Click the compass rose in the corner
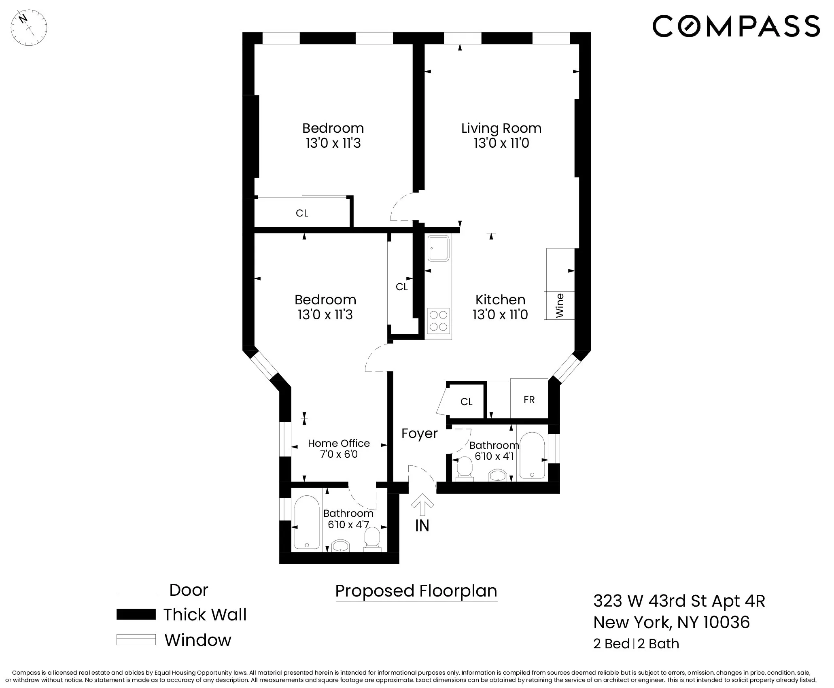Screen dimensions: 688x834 coord(29,28)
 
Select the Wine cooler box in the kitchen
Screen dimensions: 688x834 coord(559,305)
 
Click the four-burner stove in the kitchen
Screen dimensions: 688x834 coord(439,321)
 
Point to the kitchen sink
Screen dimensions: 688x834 coord(439,248)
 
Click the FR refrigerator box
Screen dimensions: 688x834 coord(529,399)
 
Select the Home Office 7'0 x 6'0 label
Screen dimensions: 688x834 coord(339,448)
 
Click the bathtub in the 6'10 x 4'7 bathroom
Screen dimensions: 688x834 coord(307,522)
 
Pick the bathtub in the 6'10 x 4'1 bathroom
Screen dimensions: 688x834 coord(531,455)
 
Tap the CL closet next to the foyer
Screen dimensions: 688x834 coord(466,401)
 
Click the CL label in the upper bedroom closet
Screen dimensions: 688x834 coord(302,213)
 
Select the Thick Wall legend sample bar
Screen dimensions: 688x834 coord(136,614)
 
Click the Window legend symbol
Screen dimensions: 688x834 coord(136,640)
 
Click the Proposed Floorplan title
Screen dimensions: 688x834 coord(416,591)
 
